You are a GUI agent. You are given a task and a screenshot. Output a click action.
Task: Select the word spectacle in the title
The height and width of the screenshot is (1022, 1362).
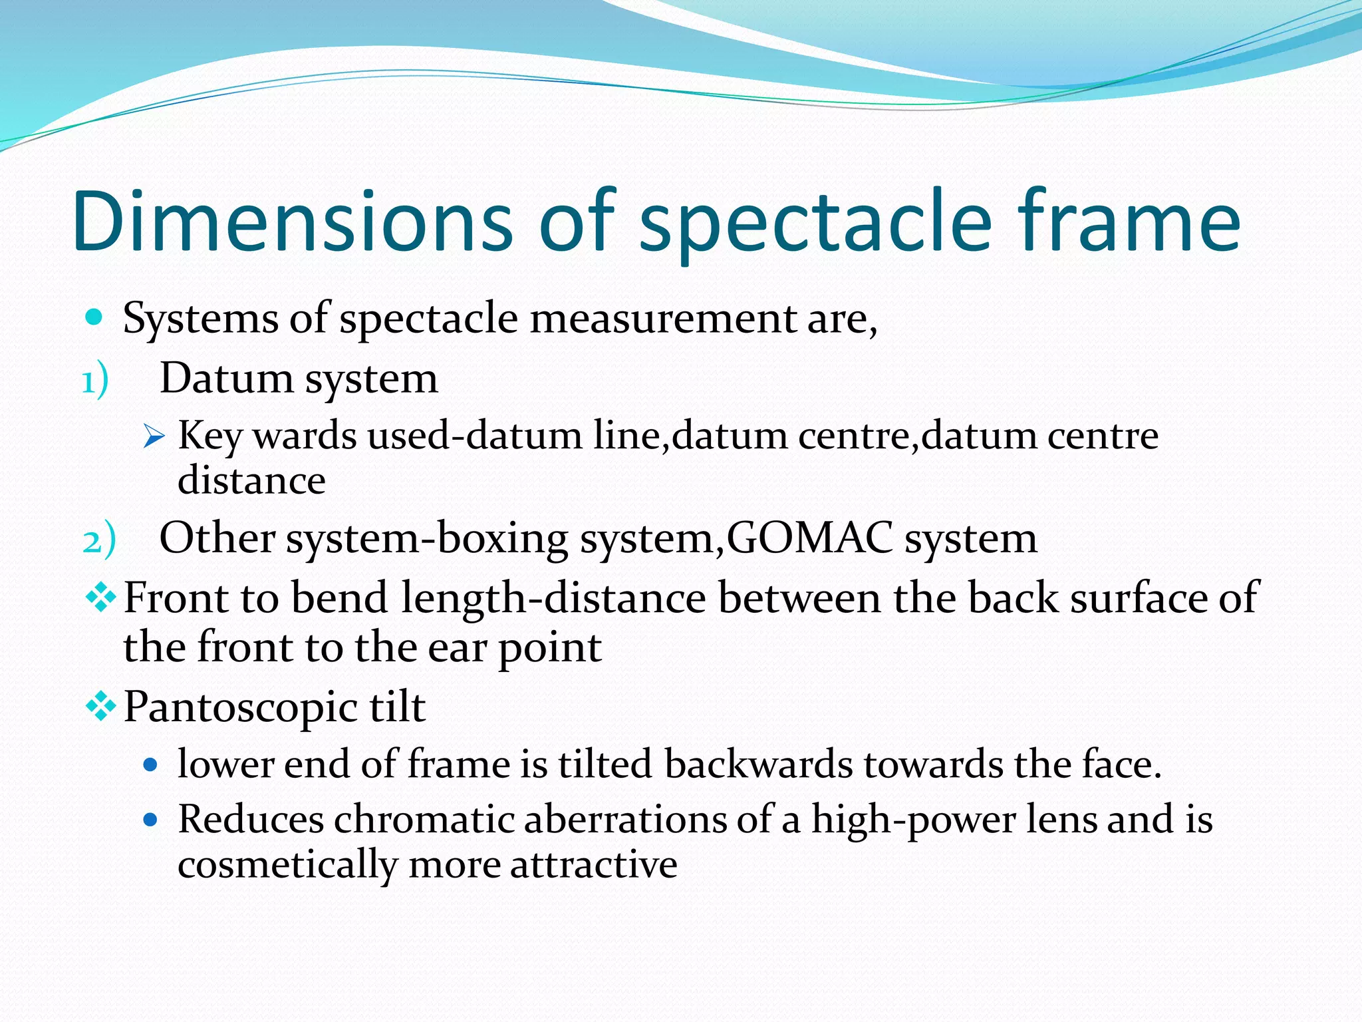click(815, 226)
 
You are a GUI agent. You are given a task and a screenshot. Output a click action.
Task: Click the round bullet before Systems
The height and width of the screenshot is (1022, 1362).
click(94, 317)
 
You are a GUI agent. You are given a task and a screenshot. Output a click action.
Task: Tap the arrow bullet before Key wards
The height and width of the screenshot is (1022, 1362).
click(154, 438)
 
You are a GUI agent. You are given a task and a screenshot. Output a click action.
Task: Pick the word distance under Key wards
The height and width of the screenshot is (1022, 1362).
click(251, 480)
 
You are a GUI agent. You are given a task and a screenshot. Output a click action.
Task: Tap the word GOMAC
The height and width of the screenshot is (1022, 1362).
click(809, 538)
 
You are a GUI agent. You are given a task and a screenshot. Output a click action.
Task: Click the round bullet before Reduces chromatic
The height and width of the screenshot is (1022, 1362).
click(150, 819)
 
